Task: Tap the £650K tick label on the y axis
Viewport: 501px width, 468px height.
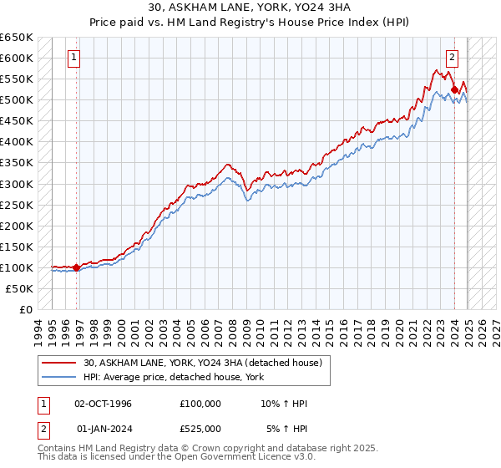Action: coord(17,38)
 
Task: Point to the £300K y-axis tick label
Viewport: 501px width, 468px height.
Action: coord(17,184)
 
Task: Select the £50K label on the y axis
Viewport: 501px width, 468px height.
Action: coord(19,288)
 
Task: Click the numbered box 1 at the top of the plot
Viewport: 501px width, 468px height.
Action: coord(74,58)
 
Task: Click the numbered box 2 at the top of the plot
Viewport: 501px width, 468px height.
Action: coord(452,58)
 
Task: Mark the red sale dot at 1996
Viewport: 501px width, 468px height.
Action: coord(76,267)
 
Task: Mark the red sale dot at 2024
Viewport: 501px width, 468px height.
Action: coord(453,89)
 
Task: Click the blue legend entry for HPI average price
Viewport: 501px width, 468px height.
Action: coord(174,377)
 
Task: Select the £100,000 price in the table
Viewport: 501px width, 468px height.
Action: coord(200,404)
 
